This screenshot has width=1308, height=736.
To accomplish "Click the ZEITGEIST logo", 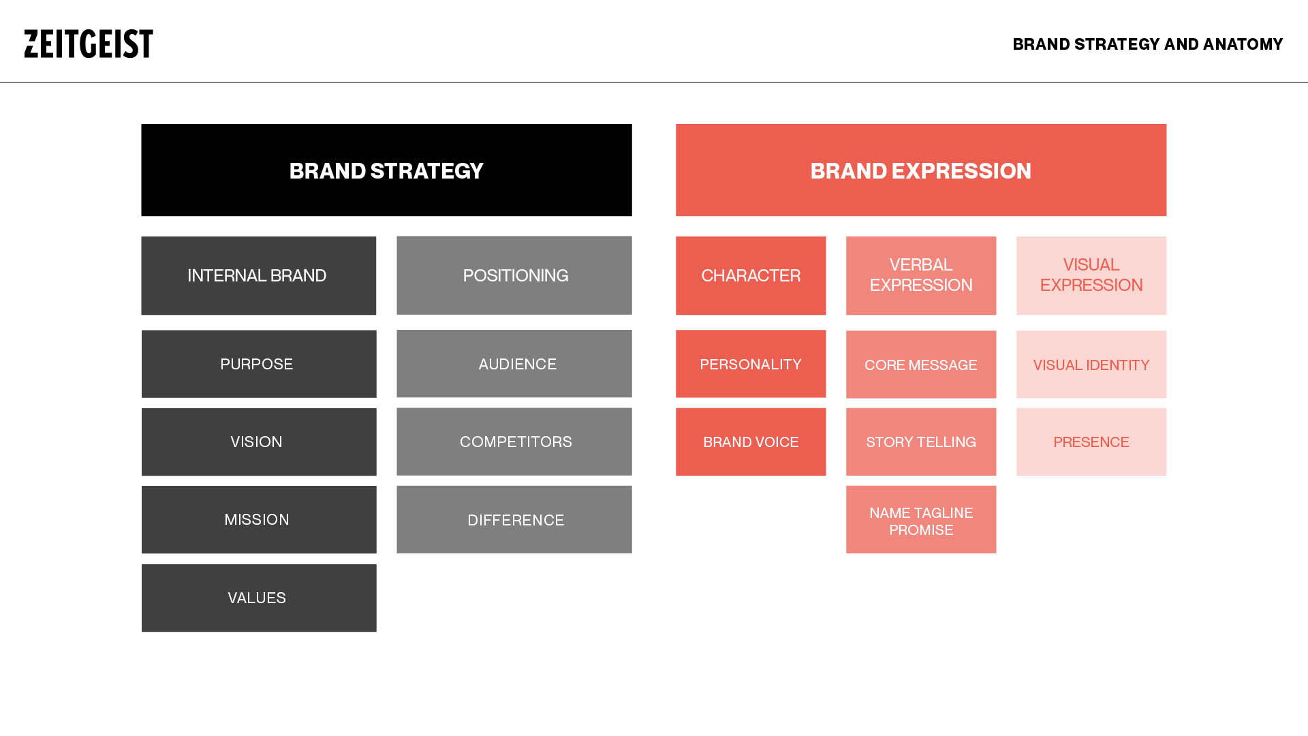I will [x=89, y=44].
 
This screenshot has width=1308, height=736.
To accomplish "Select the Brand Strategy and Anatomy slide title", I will [x=1147, y=44].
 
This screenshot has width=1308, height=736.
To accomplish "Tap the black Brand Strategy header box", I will [x=386, y=170].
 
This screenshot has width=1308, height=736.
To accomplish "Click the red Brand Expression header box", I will [x=920, y=170].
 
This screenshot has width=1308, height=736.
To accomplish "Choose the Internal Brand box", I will [x=258, y=275].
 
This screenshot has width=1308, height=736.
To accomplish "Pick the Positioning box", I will [x=514, y=275].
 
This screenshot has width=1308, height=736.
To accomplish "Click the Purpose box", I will [x=258, y=364].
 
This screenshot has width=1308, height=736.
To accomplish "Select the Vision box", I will [x=258, y=442].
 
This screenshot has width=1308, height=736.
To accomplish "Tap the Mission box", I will [x=258, y=519].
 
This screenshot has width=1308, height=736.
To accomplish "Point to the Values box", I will [x=258, y=598].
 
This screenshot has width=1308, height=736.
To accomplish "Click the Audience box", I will [x=514, y=364].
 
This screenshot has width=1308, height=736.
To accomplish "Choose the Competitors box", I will [x=514, y=442].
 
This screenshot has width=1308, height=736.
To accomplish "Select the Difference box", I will [x=514, y=519].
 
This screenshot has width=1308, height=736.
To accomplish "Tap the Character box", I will [x=750, y=275].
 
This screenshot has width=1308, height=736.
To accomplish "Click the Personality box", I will [x=750, y=364].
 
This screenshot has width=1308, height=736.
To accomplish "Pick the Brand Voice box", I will [x=750, y=442].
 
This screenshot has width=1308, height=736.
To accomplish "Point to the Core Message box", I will [x=920, y=365].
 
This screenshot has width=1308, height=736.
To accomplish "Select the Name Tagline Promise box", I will [x=920, y=520].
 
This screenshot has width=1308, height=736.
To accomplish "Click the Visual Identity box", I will [x=1091, y=365].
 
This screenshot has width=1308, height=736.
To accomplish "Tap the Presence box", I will [x=1091, y=442].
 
